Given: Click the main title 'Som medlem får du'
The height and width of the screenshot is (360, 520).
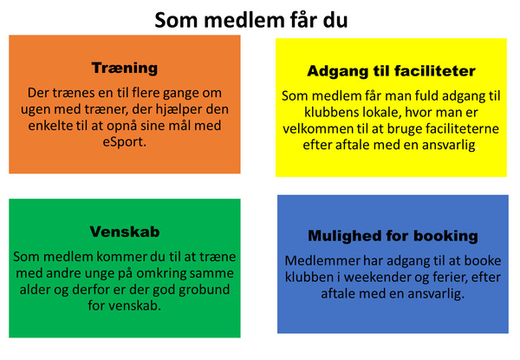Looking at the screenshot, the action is click(x=251, y=20).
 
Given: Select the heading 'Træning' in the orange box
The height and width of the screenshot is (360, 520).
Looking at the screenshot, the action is click(x=125, y=69).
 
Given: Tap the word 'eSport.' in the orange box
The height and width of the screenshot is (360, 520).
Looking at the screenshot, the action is click(x=124, y=142).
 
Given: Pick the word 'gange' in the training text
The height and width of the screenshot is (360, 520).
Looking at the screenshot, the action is click(x=180, y=94).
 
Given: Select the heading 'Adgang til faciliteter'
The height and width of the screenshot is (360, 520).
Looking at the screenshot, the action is click(x=392, y=71).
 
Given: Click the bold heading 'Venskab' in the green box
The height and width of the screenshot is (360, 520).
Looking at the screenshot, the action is click(x=125, y=232).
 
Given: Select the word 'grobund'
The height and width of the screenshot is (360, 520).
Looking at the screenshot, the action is click(x=205, y=290).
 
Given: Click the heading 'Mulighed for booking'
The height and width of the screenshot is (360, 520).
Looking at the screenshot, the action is click(x=393, y=236).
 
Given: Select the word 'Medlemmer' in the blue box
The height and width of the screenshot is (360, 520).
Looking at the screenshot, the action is click(x=322, y=261).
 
